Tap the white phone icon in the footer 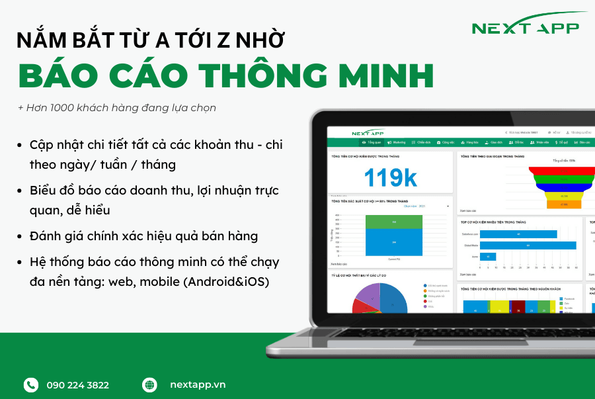tap(31, 384)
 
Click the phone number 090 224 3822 tap(78, 385)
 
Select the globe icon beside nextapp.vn tap(150, 384)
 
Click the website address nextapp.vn tap(198, 385)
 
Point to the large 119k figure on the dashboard tap(390, 177)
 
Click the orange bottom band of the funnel tap(563, 204)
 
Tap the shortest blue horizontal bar tap(488, 257)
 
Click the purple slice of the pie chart tap(368, 294)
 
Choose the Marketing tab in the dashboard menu tap(396, 142)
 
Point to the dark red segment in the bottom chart tap(520, 306)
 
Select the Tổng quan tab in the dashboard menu tap(372, 142)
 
